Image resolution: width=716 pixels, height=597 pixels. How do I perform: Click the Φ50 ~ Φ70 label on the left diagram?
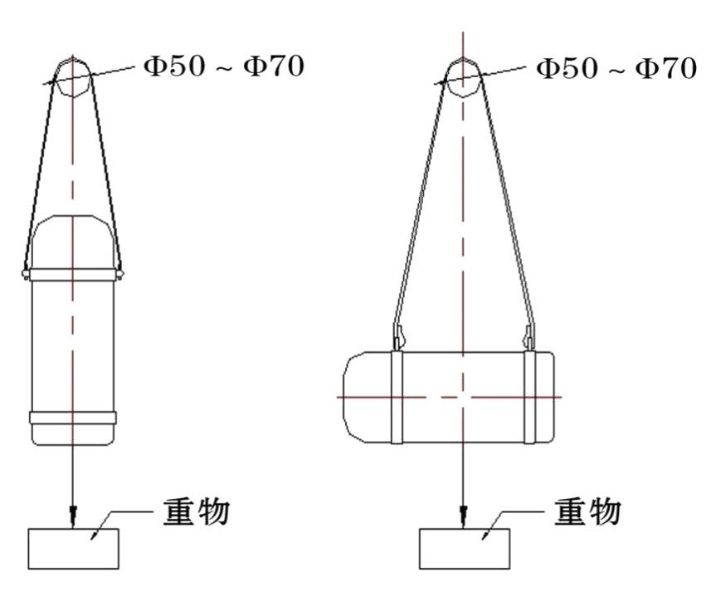[224, 66]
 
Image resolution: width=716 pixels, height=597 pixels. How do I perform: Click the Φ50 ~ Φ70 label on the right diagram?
[616, 69]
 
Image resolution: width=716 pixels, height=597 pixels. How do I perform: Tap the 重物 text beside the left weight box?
[197, 511]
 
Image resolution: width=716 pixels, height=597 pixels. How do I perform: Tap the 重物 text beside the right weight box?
[587, 511]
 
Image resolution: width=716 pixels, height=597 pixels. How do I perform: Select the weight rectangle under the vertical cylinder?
[74, 549]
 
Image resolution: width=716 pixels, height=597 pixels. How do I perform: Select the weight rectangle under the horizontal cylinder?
[465, 549]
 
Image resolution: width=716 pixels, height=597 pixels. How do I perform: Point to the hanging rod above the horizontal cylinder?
[464, 78]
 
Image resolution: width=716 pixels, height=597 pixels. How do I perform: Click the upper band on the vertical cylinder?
[73, 274]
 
